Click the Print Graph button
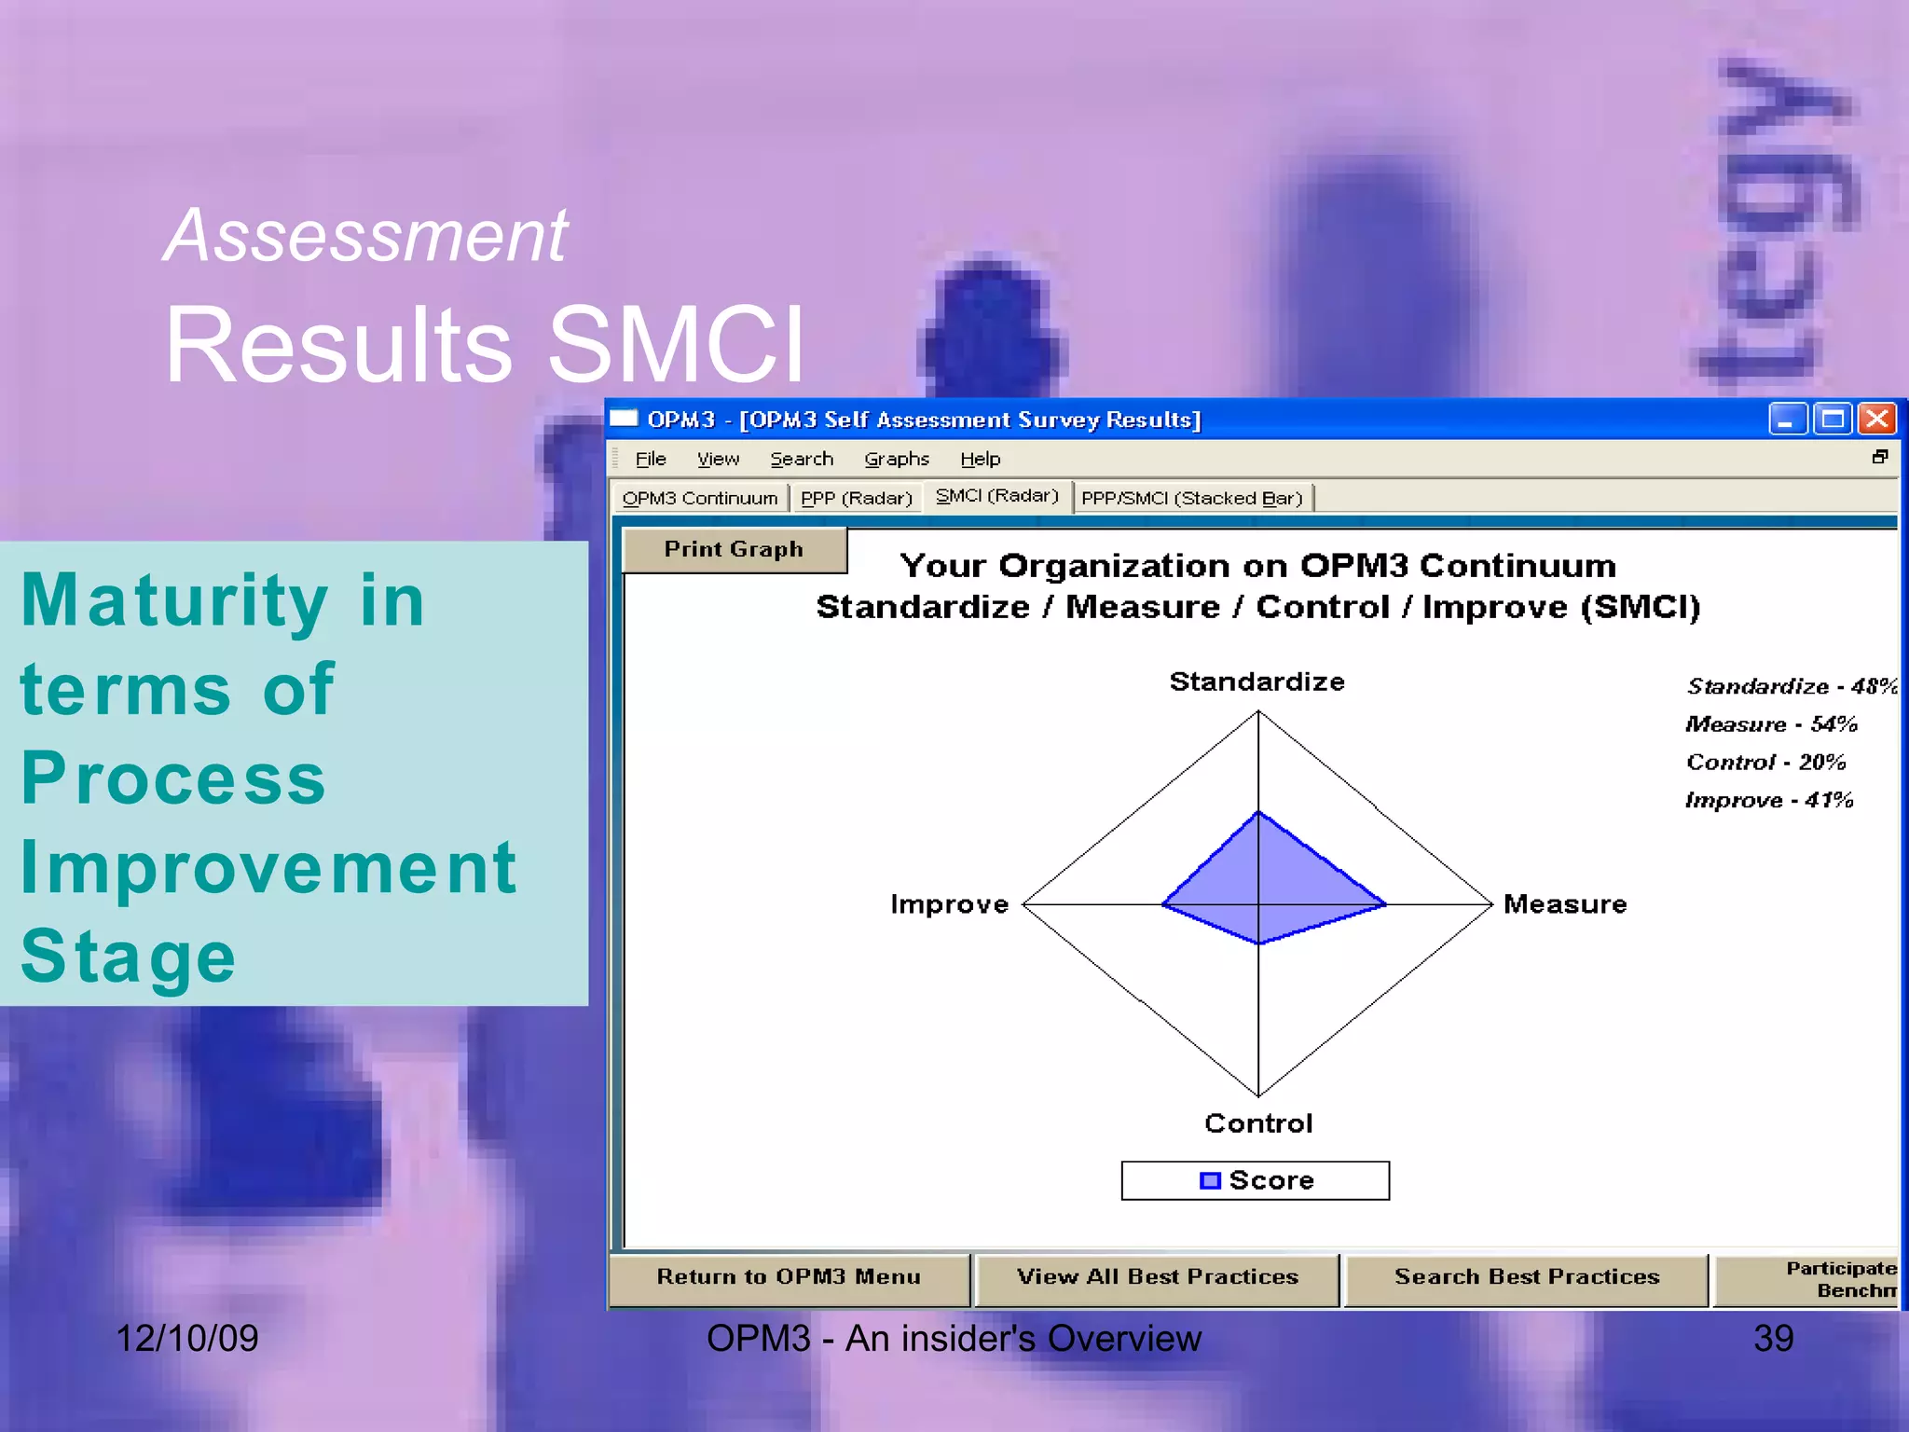pyautogui.click(x=734, y=550)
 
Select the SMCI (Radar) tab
pyautogui.click(x=996, y=496)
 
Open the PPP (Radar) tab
pyautogui.click(x=856, y=499)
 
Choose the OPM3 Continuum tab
pyautogui.click(x=699, y=499)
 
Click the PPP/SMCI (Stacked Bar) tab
pyautogui.click(x=1191, y=499)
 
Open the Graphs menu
pyautogui.click(x=896, y=459)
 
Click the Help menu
pyautogui.click(x=980, y=459)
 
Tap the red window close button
pyautogui.click(x=1876, y=420)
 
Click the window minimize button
pyautogui.click(x=1787, y=420)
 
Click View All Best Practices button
pyautogui.click(x=1157, y=1277)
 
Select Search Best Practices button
pyautogui.click(x=1526, y=1277)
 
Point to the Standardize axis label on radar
pyautogui.click(x=1257, y=682)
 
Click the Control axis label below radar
pyautogui.click(x=1258, y=1123)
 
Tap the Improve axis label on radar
pyautogui.click(x=949, y=904)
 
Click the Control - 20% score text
pyautogui.click(x=1765, y=763)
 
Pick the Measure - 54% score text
pyautogui.click(x=1770, y=724)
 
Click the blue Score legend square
pyautogui.click(x=1210, y=1181)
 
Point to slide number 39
pyautogui.click(x=1773, y=1339)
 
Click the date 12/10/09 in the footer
pyautogui.click(x=186, y=1339)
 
